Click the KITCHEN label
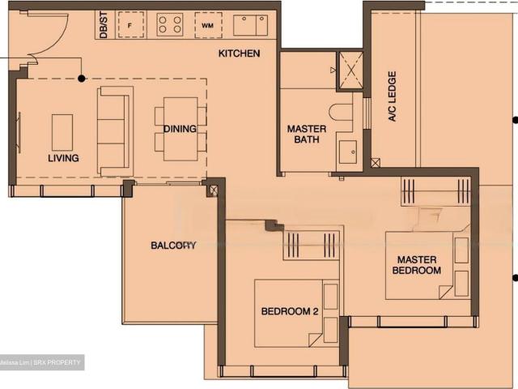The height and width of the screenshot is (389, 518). pos(239,54)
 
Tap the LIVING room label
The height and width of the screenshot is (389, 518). pos(63,158)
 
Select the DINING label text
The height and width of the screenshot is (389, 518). pos(180,129)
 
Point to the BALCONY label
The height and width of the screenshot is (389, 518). pos(174,246)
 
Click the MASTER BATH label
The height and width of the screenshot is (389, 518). pos(308,135)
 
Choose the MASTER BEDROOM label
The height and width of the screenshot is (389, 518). pos(417,265)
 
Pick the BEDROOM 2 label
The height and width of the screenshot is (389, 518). pos(289,311)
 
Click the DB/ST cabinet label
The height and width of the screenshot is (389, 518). pos(103,24)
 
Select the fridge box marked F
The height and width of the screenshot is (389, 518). pos(130,24)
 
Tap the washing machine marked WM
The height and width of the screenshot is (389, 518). pos(208,25)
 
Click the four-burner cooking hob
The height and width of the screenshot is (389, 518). pos(169,24)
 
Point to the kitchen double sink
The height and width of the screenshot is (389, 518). pos(250,25)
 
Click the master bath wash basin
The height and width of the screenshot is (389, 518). pos(348,151)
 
